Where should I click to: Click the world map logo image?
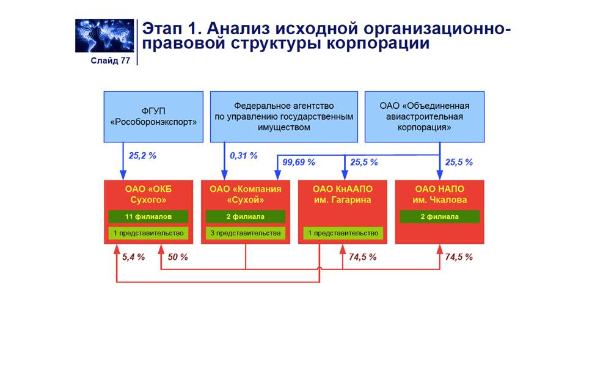pos(104,35)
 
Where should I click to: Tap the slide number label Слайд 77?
pos(110,61)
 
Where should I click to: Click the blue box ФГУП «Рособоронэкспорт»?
pos(153,117)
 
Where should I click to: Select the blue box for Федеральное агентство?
pos(284,117)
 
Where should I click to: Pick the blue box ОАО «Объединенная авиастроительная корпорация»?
pos(424,117)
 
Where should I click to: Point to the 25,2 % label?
pos(142,156)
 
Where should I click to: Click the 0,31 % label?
pos(244,156)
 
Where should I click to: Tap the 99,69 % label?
pos(299,163)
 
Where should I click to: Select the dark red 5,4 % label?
pos(133,257)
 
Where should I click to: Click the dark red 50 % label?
pos(178,257)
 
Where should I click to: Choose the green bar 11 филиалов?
pos(148,216)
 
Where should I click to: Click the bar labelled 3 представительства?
pos(246,233)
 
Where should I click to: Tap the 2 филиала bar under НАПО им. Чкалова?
pos(440,216)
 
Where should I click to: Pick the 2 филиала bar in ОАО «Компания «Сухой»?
pos(246,216)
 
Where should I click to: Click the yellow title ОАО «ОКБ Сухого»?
pos(148,194)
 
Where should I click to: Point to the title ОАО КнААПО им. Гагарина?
pos(343,194)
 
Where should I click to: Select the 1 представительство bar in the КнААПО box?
pos(343,233)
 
